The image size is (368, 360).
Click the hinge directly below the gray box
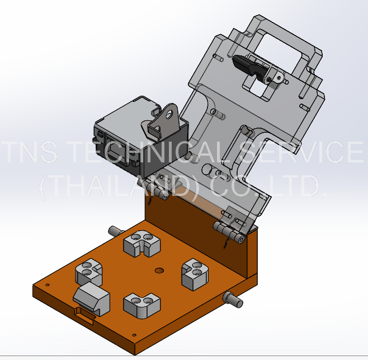162,193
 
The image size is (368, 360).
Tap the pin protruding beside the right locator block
233,300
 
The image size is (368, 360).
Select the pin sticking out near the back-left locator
116,230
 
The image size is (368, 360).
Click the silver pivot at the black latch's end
274,78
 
